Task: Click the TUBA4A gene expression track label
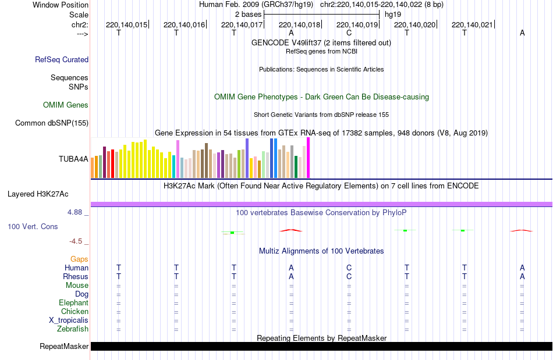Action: pos(73,158)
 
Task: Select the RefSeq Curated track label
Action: pos(62,59)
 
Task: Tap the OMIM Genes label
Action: pos(66,105)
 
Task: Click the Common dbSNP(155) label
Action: pos(52,123)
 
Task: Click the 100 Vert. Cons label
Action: pos(33,226)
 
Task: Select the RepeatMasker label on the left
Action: pos(64,347)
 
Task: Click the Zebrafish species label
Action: pos(73,329)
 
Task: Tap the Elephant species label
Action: pos(73,303)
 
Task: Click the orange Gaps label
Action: pos(79,259)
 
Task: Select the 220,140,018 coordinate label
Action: pos(300,24)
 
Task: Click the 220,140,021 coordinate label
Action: pos(472,24)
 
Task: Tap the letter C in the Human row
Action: pos(349,268)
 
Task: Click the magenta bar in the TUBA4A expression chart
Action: pos(308,158)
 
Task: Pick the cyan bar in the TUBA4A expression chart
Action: pos(174,166)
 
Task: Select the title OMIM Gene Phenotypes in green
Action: pos(321,97)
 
